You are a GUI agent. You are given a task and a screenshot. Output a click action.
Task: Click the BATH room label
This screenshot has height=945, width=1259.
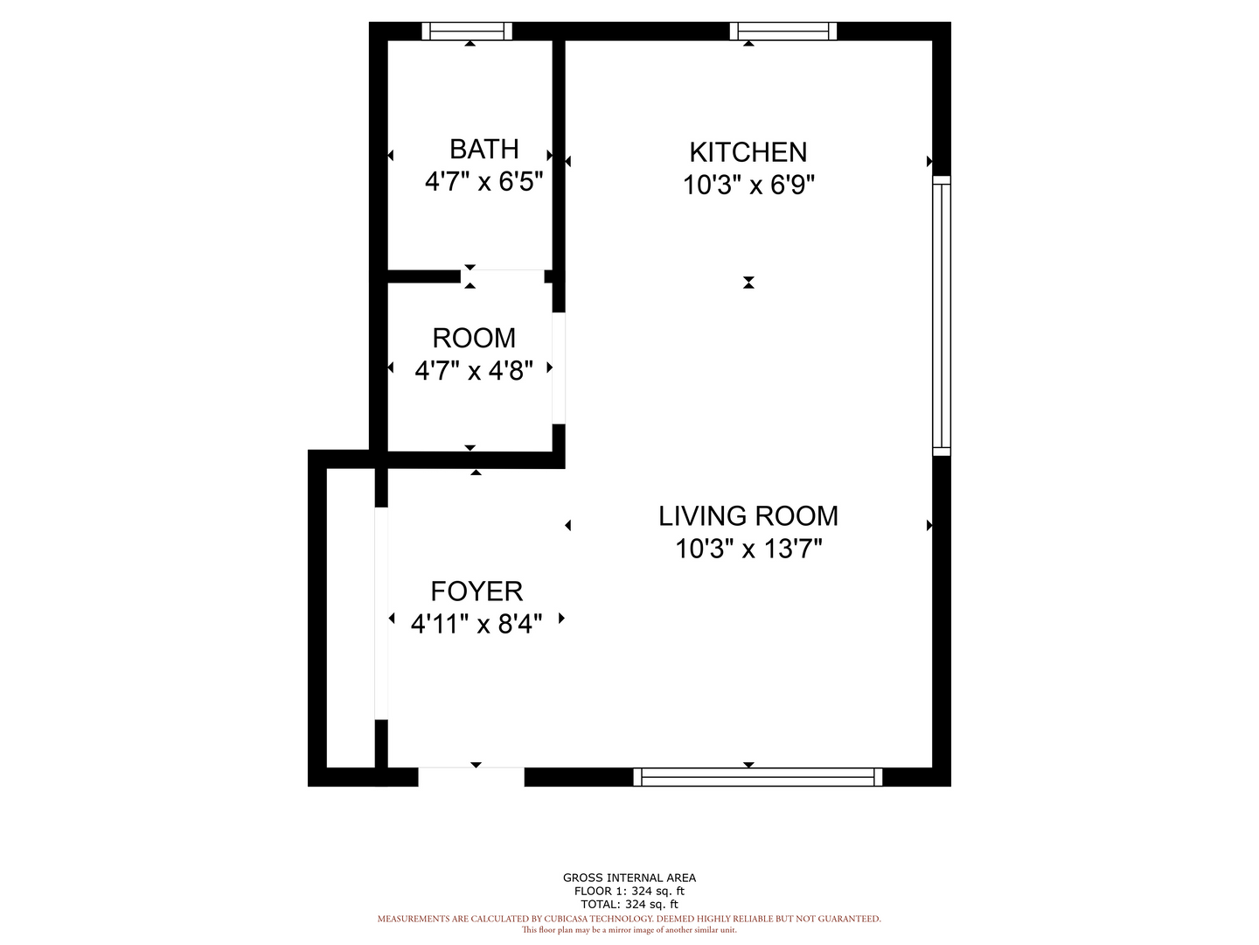click(x=483, y=149)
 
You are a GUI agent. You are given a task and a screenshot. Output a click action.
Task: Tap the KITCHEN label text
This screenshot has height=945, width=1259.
click(x=748, y=152)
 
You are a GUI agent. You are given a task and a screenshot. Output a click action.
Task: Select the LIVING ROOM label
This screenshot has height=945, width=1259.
click(x=748, y=516)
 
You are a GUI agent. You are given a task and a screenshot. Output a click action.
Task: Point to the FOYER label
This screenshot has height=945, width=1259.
click(x=476, y=591)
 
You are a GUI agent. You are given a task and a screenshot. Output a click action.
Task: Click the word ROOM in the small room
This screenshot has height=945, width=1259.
click(x=474, y=338)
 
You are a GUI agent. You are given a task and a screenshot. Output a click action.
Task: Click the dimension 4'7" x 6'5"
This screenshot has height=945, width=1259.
click(x=483, y=182)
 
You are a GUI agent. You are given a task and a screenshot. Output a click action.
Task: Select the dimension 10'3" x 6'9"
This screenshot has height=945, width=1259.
click(x=748, y=185)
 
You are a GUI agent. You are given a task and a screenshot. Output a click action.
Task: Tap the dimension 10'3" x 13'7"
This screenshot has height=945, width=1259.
click(x=748, y=549)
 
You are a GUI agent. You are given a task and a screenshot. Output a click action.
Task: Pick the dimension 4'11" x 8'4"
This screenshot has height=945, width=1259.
click(x=476, y=623)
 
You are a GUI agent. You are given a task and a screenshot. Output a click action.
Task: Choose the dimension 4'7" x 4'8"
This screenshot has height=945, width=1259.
click(x=474, y=371)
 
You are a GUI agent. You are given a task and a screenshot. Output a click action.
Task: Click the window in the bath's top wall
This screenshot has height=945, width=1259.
click(x=467, y=31)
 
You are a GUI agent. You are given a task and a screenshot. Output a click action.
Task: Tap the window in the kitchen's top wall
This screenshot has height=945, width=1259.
click(x=783, y=31)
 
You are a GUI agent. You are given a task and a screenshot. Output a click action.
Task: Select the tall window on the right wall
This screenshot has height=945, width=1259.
click(x=942, y=316)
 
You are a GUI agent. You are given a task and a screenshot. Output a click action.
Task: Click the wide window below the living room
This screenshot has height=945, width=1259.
click(x=757, y=777)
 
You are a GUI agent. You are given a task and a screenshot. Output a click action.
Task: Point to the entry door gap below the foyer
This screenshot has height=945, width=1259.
click(x=471, y=776)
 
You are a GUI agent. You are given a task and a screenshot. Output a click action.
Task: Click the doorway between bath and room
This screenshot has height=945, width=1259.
click(x=503, y=276)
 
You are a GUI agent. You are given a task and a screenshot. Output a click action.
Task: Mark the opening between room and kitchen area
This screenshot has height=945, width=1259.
click(x=559, y=368)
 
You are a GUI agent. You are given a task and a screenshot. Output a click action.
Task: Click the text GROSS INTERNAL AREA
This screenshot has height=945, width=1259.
click(x=629, y=878)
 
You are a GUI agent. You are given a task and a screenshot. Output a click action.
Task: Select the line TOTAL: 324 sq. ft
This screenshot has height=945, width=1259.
click(x=629, y=904)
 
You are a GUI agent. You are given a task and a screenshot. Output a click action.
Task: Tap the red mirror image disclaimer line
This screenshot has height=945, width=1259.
click(x=629, y=930)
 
